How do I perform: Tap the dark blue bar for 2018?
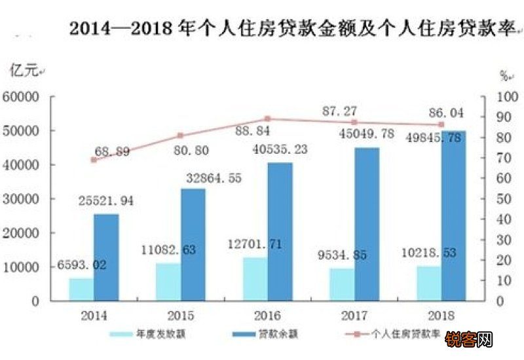coord(453,216)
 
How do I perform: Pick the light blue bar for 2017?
coord(342,284)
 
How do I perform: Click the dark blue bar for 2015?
coord(193,245)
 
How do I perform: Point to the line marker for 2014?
coord(94,160)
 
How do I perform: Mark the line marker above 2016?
coord(267,119)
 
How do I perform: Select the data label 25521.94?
coord(105,201)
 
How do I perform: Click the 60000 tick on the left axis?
coord(22,97)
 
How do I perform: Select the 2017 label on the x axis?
coord(354,315)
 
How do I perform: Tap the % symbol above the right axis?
coord(504,76)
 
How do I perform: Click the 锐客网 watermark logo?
coord(469,340)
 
